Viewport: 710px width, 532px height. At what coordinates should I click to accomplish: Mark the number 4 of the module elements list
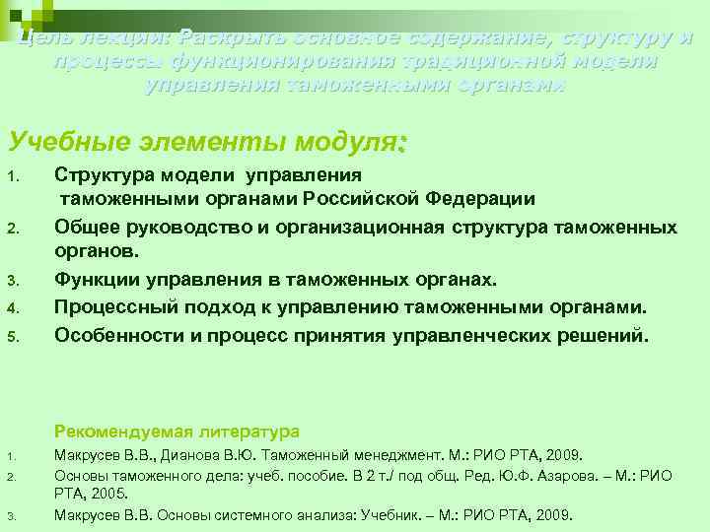(x=12, y=308)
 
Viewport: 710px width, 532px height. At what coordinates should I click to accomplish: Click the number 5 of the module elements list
(x=12, y=336)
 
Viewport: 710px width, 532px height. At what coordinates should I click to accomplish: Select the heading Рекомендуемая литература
(x=177, y=432)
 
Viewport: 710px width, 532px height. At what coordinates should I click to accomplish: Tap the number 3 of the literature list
(x=8, y=515)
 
